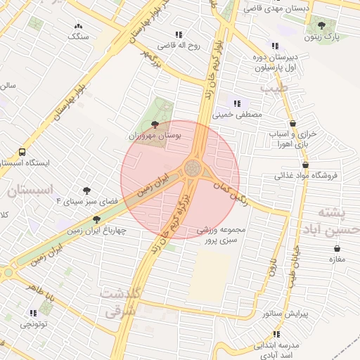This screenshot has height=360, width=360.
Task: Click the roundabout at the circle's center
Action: (192, 168)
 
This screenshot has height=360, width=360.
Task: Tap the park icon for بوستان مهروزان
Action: (155, 124)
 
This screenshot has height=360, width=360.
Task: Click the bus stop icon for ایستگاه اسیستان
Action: (22, 152)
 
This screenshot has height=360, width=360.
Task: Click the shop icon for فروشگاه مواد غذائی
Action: (305, 165)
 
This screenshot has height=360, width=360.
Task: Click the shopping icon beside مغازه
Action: (338, 248)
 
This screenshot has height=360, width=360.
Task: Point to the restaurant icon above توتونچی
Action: (33, 313)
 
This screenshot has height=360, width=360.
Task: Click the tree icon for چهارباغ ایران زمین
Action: (96, 219)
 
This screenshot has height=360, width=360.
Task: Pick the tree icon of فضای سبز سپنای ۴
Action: (86, 190)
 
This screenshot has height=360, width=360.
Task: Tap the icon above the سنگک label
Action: (77, 26)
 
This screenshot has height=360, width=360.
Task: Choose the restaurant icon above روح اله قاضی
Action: (179, 34)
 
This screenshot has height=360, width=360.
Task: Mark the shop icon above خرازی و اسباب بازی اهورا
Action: (292, 123)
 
